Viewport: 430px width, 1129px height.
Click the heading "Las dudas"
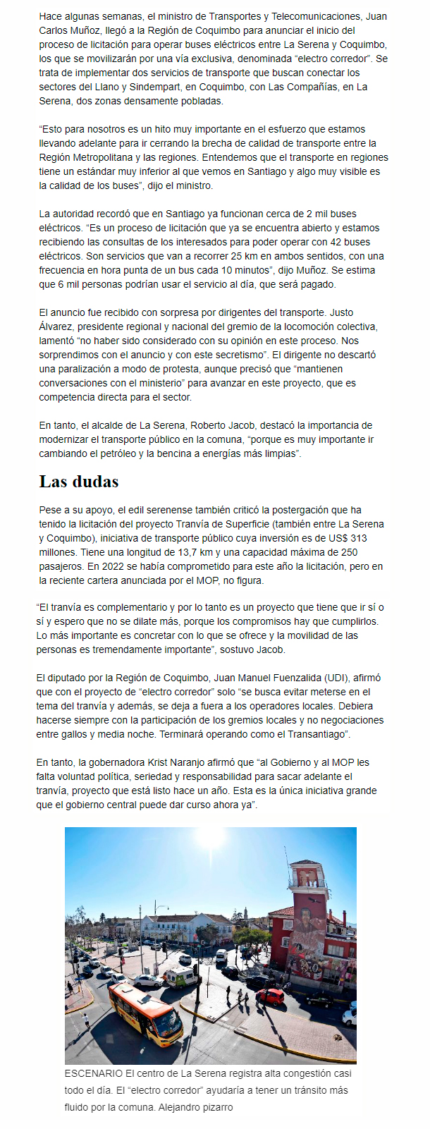[x=79, y=482]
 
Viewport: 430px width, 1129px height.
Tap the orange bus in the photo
[x=145, y=1013]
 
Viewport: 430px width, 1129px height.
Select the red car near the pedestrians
[x=270, y=995]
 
